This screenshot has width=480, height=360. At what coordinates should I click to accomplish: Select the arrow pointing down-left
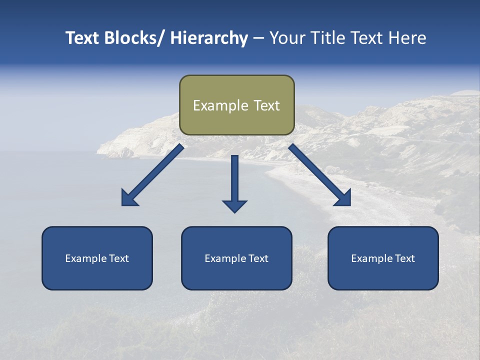[152, 175]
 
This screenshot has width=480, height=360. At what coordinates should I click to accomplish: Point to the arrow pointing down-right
[320, 175]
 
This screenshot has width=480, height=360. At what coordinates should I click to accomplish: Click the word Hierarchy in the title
[209, 38]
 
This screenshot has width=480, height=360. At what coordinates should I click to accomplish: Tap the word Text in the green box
[266, 105]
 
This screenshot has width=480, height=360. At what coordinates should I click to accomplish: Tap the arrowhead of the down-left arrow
[129, 198]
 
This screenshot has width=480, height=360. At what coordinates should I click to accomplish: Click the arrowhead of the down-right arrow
[343, 198]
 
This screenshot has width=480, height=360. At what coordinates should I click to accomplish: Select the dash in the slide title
[258, 38]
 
